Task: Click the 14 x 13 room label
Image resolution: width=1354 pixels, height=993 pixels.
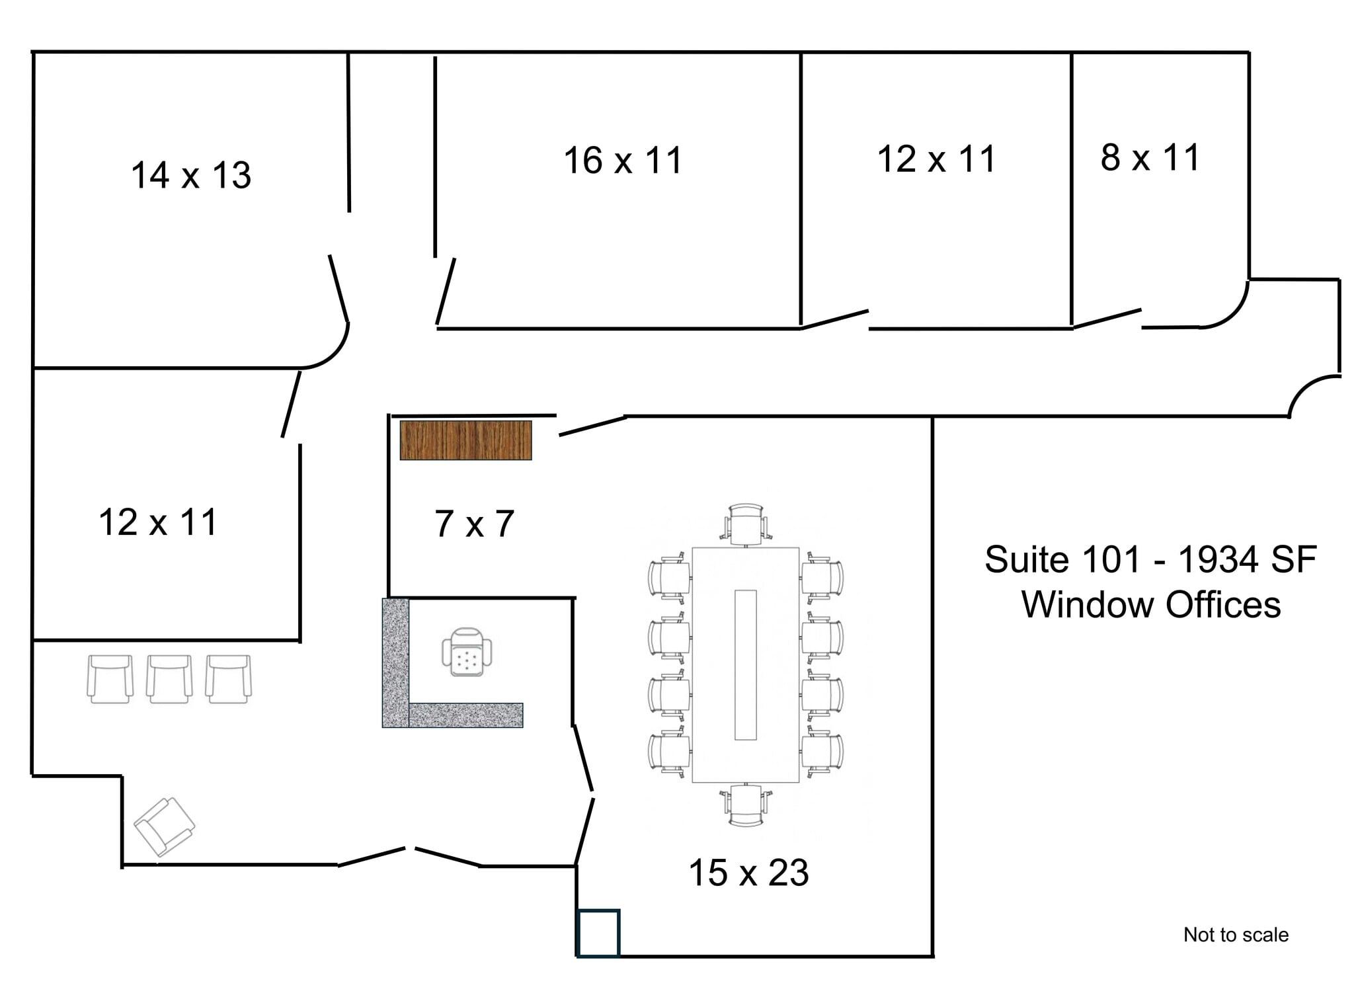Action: click(x=191, y=176)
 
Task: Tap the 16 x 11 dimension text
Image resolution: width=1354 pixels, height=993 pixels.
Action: click(x=622, y=161)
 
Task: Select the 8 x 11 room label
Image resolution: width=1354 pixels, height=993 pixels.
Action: click(x=1150, y=158)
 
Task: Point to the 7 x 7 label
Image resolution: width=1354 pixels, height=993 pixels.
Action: click(x=474, y=524)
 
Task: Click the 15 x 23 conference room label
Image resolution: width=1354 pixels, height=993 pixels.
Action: click(x=748, y=873)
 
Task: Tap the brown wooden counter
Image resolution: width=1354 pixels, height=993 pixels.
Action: click(x=465, y=440)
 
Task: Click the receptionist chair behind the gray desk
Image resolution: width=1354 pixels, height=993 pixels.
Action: click(x=467, y=653)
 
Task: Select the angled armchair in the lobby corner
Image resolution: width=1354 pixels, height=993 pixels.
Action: click(x=164, y=826)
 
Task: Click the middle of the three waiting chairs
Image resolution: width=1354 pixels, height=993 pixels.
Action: click(x=169, y=679)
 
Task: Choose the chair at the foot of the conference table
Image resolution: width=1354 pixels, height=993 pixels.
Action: click(x=746, y=805)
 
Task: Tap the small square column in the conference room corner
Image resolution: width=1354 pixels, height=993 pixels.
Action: click(x=598, y=933)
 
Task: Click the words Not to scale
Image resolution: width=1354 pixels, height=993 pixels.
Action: click(x=1235, y=935)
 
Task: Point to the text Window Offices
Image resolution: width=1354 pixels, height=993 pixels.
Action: click(x=1151, y=605)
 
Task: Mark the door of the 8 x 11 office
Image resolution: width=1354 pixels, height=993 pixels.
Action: click(x=1107, y=318)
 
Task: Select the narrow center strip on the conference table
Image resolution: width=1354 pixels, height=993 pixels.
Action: click(x=745, y=664)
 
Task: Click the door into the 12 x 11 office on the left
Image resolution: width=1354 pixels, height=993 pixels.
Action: click(x=291, y=404)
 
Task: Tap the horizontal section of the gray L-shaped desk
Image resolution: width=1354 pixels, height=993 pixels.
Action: click(x=465, y=715)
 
